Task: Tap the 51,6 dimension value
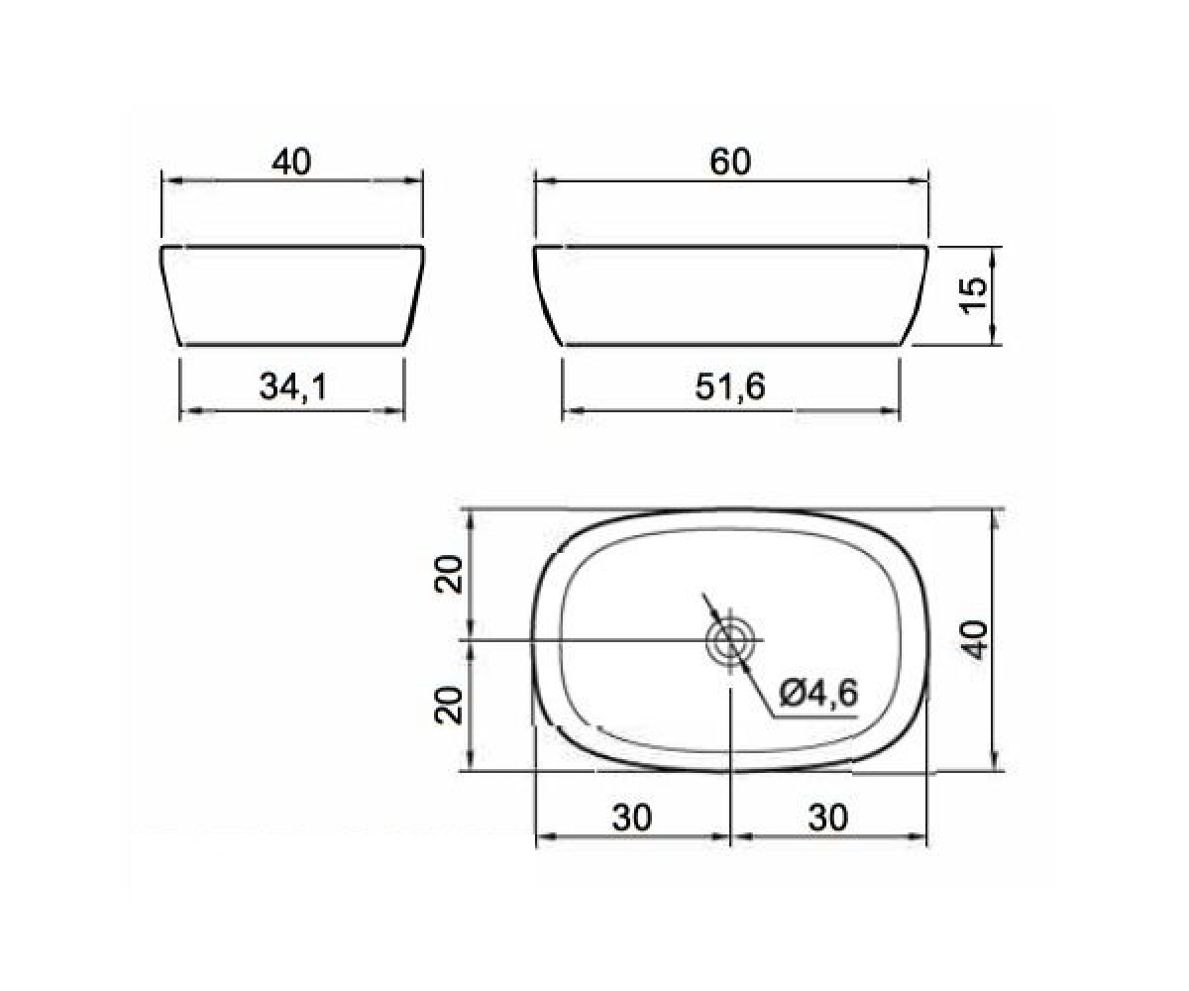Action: click(x=730, y=387)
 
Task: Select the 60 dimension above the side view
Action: click(x=730, y=162)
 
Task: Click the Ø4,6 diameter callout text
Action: click(x=818, y=695)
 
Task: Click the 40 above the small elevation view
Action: click(x=291, y=163)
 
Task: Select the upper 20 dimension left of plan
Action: click(x=448, y=575)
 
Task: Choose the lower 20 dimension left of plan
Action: click(x=448, y=705)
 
